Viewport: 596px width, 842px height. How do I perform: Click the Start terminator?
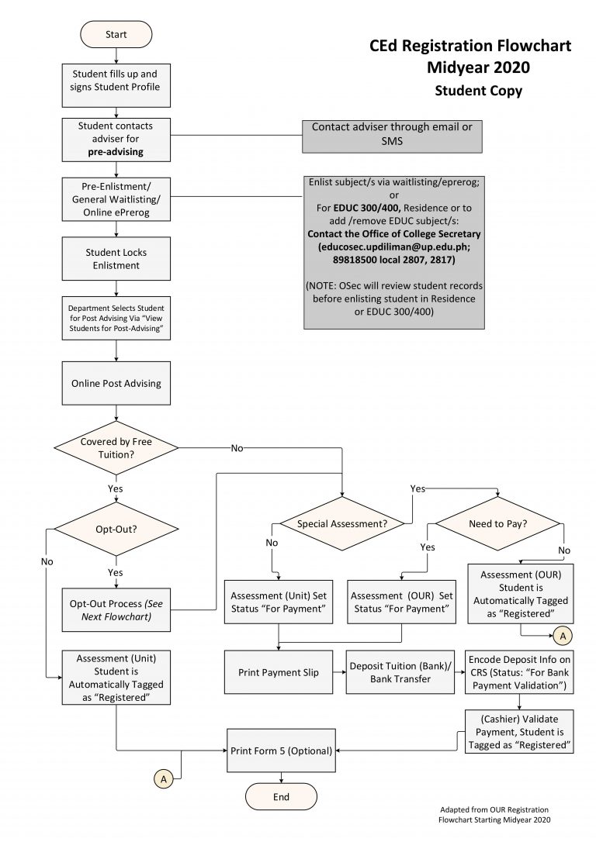116,35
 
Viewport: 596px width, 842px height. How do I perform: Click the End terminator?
281,796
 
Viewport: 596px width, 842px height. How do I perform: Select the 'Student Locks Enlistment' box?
116,259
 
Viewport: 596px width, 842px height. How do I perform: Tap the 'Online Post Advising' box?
116,383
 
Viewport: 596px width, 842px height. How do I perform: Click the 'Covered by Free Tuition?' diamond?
116,447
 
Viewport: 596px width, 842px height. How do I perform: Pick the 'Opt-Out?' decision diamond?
116,530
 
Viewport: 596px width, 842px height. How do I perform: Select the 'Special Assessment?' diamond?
342,524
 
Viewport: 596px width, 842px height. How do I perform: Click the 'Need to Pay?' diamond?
497,524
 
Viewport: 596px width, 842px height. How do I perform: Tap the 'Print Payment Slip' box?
279,672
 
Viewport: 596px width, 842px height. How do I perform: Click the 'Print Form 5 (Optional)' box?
281,751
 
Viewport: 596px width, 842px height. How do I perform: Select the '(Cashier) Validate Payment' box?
519,730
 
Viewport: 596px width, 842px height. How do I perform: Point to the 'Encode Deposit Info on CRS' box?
519,671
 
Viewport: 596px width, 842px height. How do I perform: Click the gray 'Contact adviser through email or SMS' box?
392,135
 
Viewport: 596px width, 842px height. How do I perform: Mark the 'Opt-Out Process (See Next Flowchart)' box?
116,609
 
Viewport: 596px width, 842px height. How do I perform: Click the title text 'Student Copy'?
478,91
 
